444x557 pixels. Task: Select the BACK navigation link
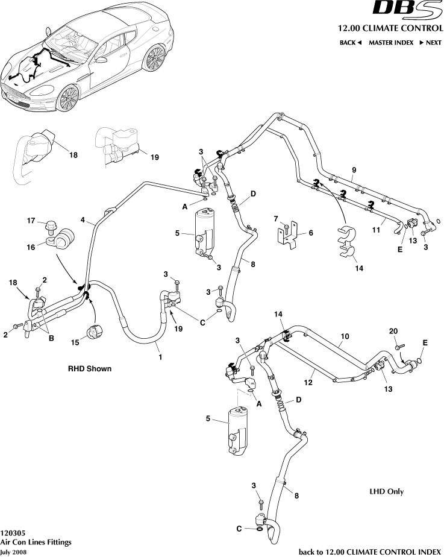[x=350, y=43]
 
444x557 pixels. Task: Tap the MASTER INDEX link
[x=391, y=43]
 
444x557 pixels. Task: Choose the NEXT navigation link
[x=430, y=43]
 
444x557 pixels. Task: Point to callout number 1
[x=160, y=357]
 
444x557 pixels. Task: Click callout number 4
[x=83, y=220]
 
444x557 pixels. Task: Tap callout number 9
[x=354, y=169]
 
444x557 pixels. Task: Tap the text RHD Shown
[x=89, y=368]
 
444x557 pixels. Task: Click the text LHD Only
[x=386, y=491]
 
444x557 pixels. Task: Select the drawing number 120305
[x=13, y=533]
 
